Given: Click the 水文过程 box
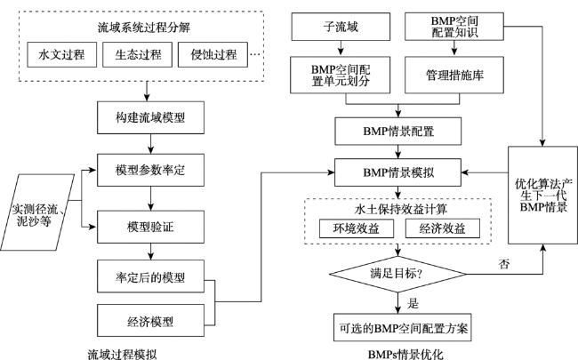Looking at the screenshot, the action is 62,54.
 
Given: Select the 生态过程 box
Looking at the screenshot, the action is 138,54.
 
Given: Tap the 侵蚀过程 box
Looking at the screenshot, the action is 213,54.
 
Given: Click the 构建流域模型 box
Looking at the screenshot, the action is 150,117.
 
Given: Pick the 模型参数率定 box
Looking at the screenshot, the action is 150,171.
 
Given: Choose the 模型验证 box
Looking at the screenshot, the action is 150,227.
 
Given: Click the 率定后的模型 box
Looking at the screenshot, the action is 150,276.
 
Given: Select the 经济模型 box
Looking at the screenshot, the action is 150,321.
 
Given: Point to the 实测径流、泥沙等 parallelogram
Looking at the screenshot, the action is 36,212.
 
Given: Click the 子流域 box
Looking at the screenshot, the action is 341,27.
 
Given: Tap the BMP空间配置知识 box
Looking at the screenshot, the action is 454,27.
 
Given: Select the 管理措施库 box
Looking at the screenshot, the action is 454,75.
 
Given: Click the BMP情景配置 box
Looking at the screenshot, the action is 397,132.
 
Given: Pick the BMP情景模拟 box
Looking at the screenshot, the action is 397,172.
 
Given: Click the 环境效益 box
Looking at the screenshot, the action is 357,228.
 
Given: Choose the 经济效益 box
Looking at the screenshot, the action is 443,228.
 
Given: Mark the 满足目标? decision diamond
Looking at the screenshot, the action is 397,274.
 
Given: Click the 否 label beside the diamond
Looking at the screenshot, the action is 504,264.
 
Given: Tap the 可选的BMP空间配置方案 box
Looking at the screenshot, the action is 403,328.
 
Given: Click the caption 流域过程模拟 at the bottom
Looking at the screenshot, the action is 122,355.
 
